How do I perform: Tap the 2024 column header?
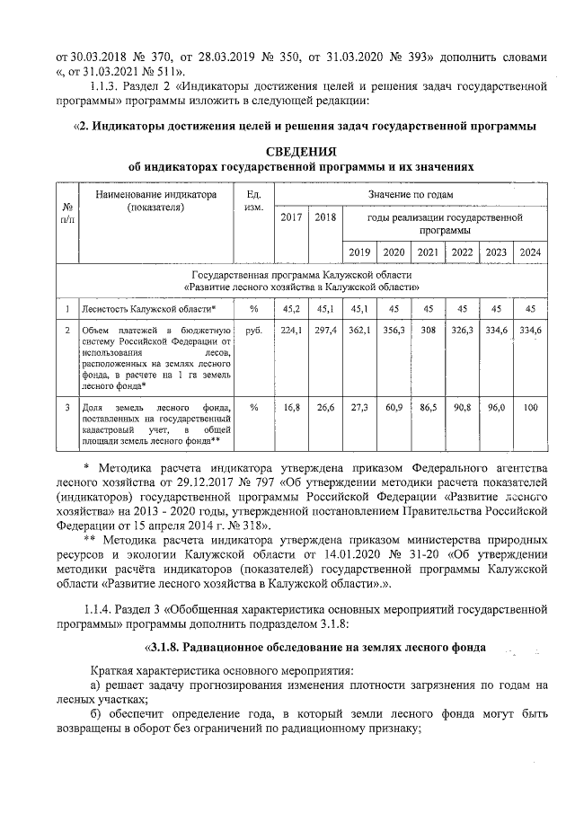click(x=530, y=252)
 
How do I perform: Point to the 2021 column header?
click(x=429, y=252)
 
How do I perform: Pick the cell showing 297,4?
click(x=324, y=331)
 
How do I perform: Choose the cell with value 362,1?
click(x=359, y=331)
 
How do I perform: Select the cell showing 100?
click(x=530, y=407)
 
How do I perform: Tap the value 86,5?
click(x=429, y=407)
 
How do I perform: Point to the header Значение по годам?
click(x=410, y=194)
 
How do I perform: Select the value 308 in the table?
click(x=429, y=331)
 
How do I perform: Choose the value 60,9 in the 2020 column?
click(x=394, y=407)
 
